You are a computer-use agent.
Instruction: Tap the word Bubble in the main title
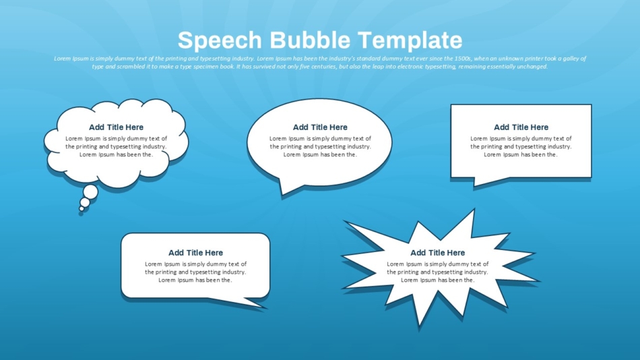[310, 40]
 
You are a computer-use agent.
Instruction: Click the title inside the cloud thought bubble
[117, 127]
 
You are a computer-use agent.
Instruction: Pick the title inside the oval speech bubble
[320, 127]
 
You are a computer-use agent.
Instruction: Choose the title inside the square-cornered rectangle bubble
[521, 127]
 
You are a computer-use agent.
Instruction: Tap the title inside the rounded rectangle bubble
[195, 253]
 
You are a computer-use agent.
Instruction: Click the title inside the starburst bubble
[437, 253]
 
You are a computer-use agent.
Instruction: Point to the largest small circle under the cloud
[90, 191]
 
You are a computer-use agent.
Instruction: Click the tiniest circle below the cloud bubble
[82, 209]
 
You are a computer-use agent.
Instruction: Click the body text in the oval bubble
[320, 146]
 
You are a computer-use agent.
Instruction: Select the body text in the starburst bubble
[437, 272]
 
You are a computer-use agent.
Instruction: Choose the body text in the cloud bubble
[117, 146]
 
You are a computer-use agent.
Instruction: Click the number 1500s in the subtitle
[463, 59]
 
